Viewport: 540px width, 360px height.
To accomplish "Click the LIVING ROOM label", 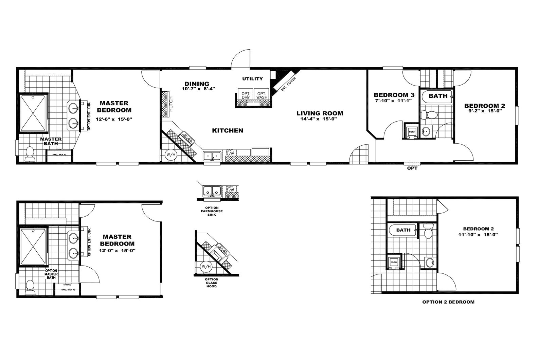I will click(x=320, y=113).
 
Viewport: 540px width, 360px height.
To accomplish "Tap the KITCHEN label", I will click(x=228, y=130).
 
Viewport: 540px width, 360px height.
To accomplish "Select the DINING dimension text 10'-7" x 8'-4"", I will click(x=197, y=89).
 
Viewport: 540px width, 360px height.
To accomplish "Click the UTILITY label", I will click(x=252, y=79).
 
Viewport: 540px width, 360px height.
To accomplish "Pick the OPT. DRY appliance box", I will click(x=246, y=95).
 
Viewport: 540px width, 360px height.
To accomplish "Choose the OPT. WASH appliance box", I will click(x=262, y=95).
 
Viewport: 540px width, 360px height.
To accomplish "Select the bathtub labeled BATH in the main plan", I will click(x=437, y=96).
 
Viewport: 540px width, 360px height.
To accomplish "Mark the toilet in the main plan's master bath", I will click(x=30, y=154).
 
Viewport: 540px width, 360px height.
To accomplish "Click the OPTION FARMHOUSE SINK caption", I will click(x=212, y=211).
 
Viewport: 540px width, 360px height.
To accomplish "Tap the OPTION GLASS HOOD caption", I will click(x=212, y=283).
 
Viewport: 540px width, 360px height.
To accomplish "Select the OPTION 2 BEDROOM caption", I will click(x=448, y=302).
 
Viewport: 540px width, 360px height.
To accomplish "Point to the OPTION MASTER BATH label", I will click(x=51, y=274).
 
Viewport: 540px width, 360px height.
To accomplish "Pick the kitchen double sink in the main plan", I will click(x=212, y=156).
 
